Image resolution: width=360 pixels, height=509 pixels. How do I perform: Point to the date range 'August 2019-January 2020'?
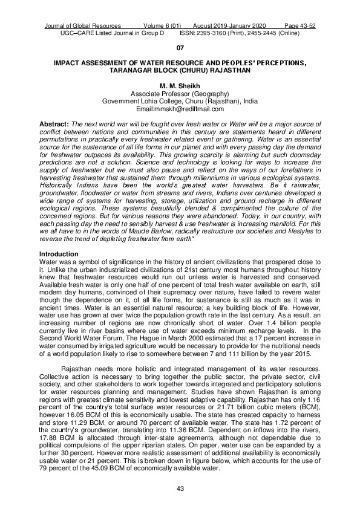(228, 26)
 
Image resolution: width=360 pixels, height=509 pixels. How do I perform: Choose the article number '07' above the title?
(180, 48)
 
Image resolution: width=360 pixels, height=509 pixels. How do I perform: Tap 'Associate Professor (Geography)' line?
(180, 95)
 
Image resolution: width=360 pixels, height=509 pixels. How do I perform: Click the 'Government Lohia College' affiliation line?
(180, 102)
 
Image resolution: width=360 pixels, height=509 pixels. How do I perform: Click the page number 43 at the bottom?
(180, 488)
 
